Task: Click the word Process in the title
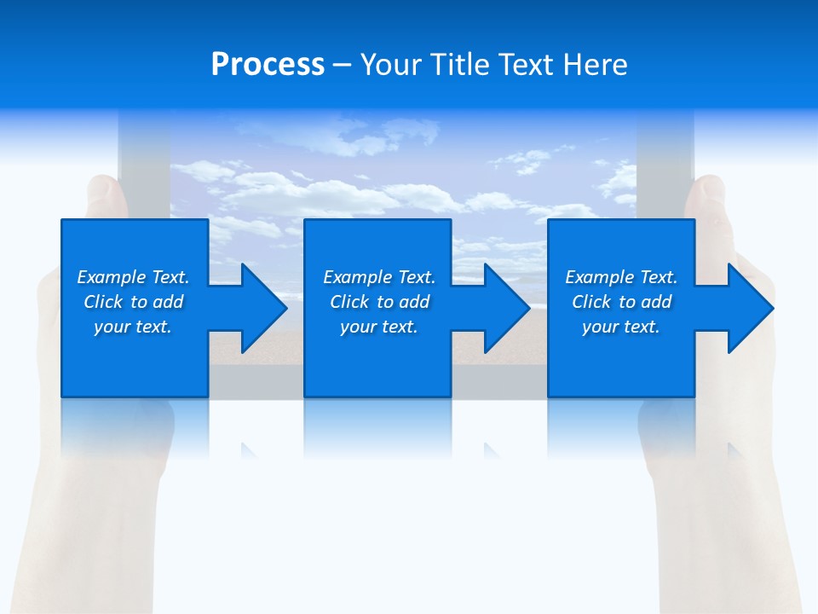point(268,65)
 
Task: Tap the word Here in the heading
point(594,65)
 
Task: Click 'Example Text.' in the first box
point(133,277)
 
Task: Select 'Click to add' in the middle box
point(379,302)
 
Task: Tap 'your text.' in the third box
point(621,327)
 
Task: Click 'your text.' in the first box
point(133,327)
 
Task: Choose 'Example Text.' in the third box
point(621,277)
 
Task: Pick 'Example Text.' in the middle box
point(379,277)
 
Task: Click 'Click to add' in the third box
point(621,302)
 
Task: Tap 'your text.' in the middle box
point(379,327)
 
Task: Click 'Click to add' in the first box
point(133,302)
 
